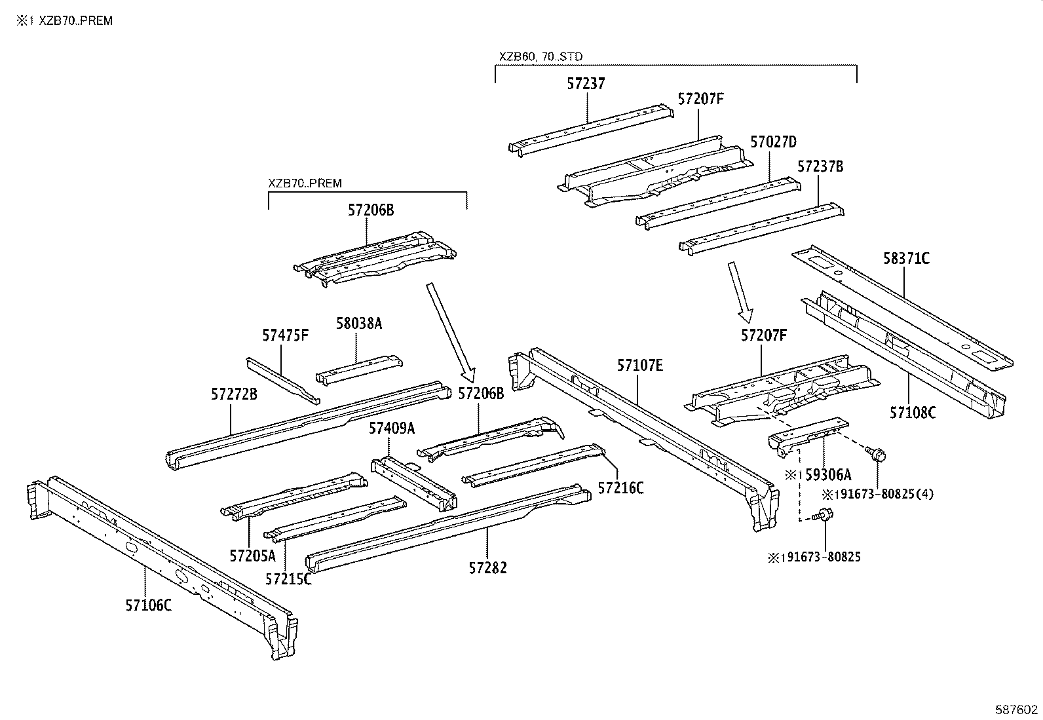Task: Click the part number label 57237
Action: pos(586,84)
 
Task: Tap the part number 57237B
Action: pos(820,166)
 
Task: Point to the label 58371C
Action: pos(906,258)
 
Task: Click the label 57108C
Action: pos(913,413)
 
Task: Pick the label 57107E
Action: pos(639,365)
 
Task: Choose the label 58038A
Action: pos(358,323)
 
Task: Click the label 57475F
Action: pos(285,335)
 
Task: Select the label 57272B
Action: pos(234,394)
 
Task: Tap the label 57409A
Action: pos(392,428)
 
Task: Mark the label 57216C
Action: pos(620,488)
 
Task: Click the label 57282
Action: pos(487,568)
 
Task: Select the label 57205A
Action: pos(252,556)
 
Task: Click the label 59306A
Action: pos(827,474)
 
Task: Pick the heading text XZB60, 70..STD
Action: pos(540,57)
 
